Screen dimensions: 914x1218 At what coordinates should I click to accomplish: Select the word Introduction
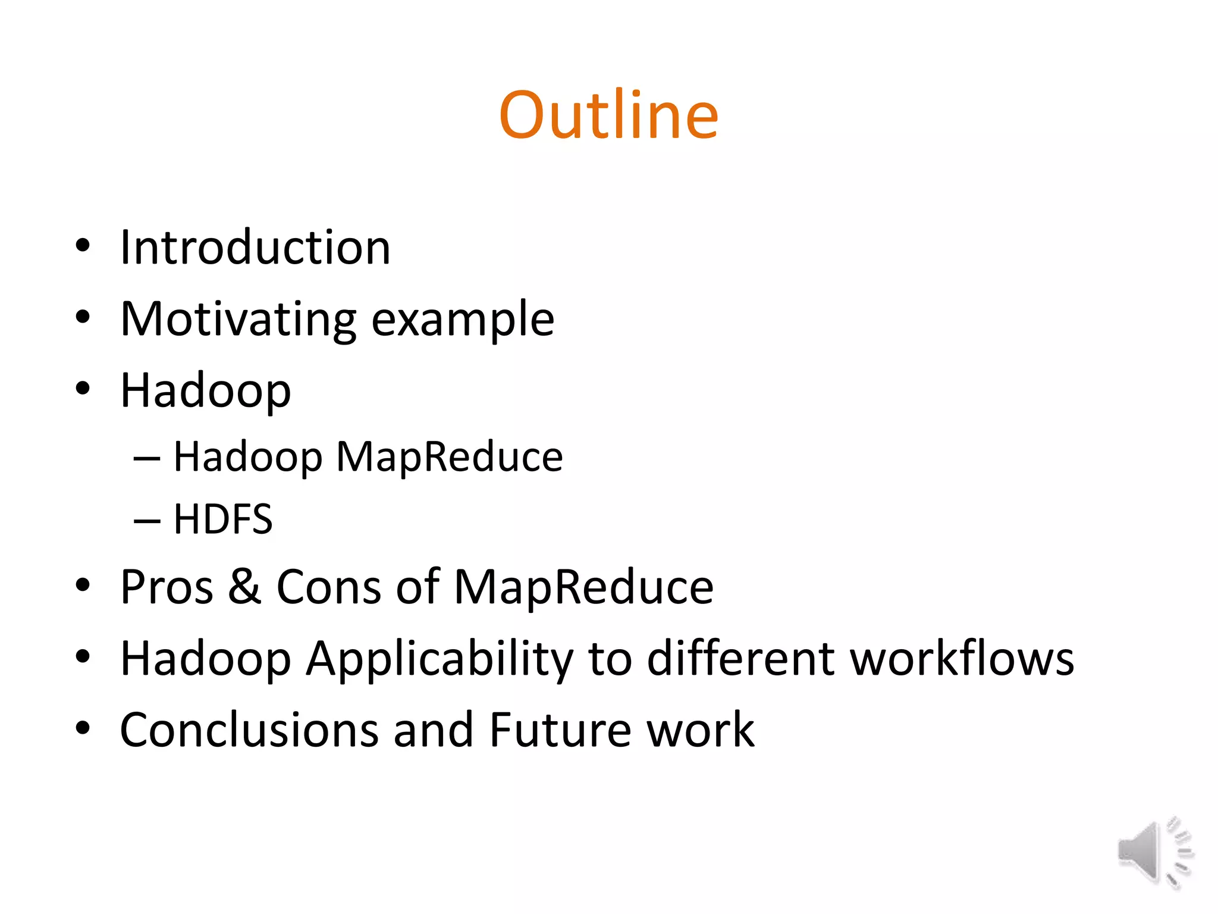[x=255, y=248]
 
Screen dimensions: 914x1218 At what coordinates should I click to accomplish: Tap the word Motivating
[x=238, y=320]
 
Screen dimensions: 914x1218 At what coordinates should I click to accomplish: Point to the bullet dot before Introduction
[x=83, y=245]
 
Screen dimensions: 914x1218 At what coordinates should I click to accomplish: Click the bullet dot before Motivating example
[x=83, y=317]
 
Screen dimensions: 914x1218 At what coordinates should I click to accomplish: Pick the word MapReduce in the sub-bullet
[x=449, y=457]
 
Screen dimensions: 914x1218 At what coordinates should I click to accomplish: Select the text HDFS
[x=223, y=519]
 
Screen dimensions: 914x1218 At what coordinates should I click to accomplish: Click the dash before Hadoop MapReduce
[x=147, y=459]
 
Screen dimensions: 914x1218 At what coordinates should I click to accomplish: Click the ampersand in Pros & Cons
[x=244, y=587]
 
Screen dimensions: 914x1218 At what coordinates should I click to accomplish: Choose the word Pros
[x=167, y=587]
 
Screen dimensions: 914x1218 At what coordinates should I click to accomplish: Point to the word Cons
[x=328, y=587]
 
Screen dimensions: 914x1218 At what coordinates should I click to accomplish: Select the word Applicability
[x=440, y=659]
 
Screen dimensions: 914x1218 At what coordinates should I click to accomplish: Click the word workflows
[x=962, y=659]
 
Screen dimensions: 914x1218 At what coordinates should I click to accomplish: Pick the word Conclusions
[x=249, y=730]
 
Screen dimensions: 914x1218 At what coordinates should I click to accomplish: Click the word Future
[x=560, y=730]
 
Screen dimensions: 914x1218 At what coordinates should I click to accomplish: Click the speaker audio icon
[x=1154, y=852]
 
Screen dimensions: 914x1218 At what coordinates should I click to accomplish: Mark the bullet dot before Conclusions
[x=83, y=728]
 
